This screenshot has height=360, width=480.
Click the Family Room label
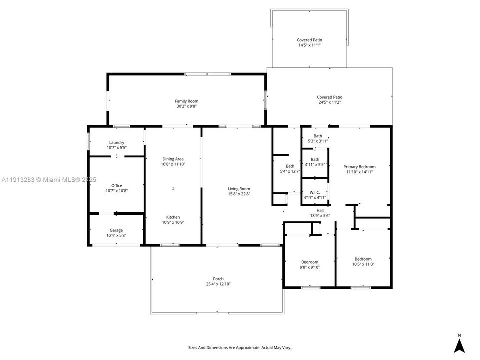click(187, 101)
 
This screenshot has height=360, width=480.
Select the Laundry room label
click(117, 143)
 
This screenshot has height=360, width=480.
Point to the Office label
click(117, 186)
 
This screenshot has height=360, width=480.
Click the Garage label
click(116, 230)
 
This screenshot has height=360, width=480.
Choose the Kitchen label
click(173, 217)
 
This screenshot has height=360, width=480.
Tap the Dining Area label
click(172, 159)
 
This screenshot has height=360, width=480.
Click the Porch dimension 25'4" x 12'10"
click(218, 284)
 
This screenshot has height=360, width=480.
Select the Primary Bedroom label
click(359, 167)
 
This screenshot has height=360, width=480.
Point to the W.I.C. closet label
click(315, 192)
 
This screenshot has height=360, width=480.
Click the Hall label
click(320, 210)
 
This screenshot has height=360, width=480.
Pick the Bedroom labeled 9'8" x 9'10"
click(309, 262)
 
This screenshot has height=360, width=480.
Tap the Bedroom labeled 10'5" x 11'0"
click(363, 259)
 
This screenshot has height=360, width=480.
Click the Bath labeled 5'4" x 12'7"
click(290, 166)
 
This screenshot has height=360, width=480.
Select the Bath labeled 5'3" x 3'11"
click(318, 136)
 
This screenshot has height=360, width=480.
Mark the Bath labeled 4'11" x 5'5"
click(315, 159)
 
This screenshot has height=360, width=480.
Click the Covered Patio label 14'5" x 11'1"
click(309, 40)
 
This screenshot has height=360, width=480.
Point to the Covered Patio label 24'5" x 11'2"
click(330, 97)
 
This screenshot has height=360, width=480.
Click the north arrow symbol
click(459, 345)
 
